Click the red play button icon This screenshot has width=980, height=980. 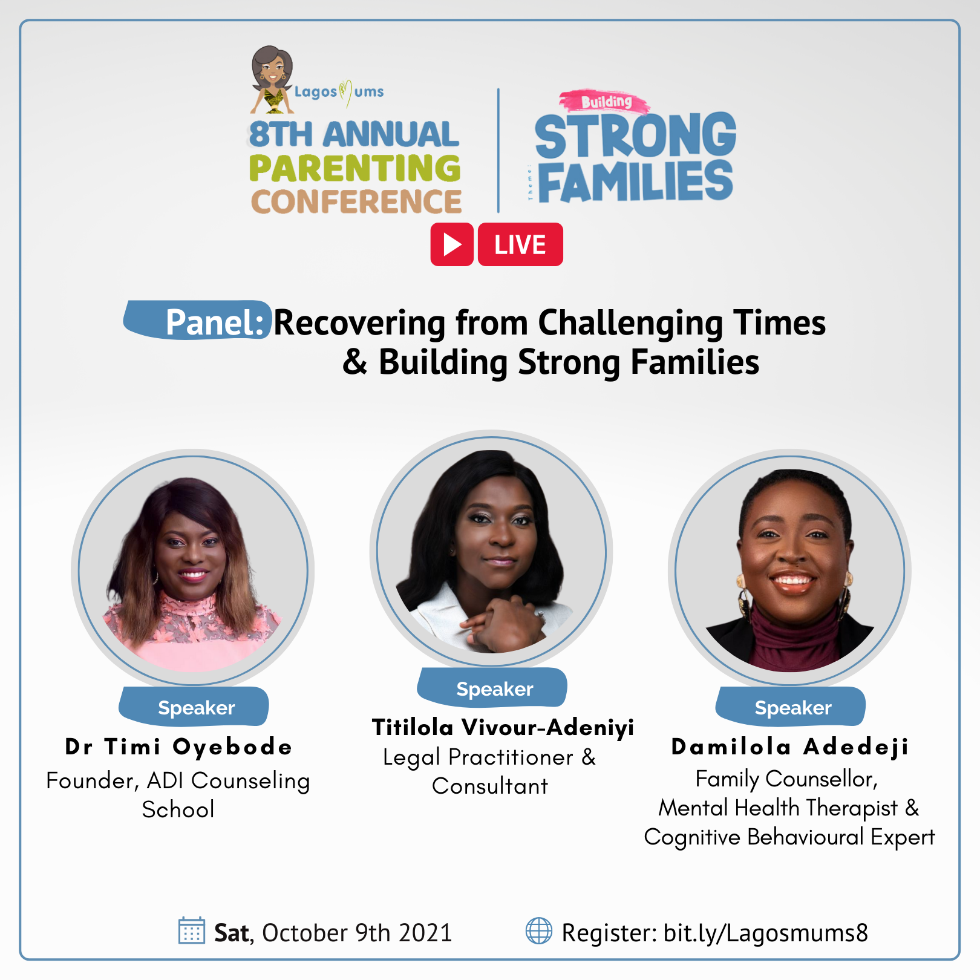452,244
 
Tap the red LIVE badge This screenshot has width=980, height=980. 520,244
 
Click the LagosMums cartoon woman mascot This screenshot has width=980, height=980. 272,80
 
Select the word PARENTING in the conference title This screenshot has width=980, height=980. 354,168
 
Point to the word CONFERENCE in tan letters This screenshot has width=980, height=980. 356,201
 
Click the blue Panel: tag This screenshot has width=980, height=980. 198,320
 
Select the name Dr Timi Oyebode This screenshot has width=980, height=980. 178,747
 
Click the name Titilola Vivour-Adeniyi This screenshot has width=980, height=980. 503,727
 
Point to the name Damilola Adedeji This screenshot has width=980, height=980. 790,747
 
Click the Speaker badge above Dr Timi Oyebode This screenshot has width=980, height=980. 194,707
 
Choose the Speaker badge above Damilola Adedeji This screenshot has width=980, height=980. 791,707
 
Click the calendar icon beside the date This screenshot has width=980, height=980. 192,930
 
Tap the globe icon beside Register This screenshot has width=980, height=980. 539,930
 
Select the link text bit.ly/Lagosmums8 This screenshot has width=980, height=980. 766,933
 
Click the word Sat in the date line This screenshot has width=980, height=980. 232,933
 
